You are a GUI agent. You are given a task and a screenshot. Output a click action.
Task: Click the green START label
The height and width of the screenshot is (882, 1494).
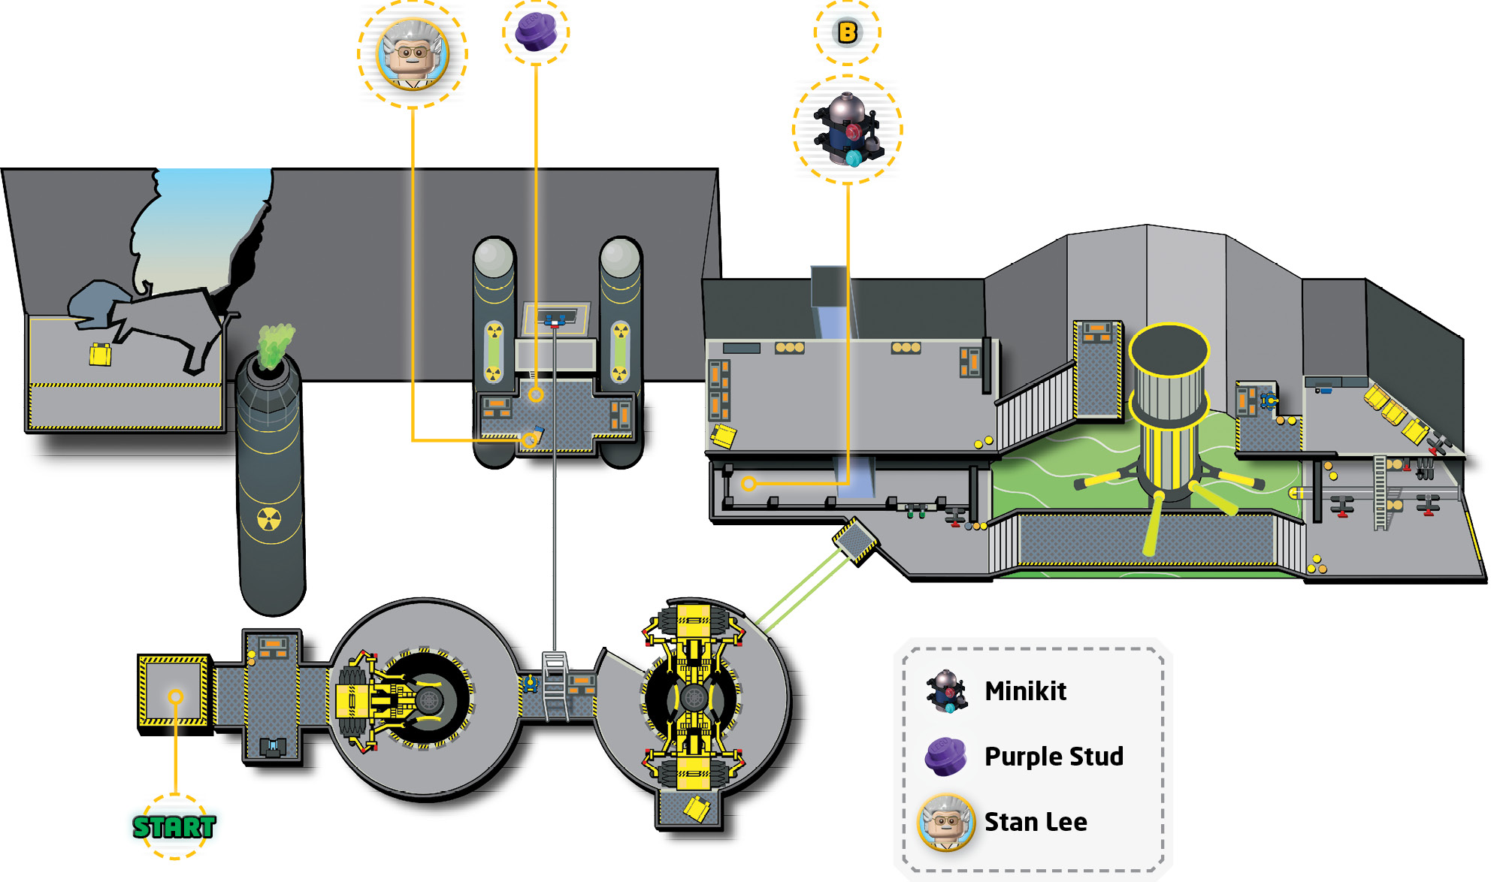pyautogui.click(x=174, y=826)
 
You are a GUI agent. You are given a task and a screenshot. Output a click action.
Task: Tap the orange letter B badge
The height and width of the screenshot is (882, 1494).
pyautogui.click(x=847, y=32)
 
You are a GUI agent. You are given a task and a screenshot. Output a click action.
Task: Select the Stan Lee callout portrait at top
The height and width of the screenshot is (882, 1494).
pyautogui.click(x=412, y=54)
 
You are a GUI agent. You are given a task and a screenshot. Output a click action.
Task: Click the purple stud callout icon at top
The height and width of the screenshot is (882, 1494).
pyautogui.click(x=536, y=32)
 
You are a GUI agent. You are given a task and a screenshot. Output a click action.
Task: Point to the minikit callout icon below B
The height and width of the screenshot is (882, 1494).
pyautogui.click(x=847, y=129)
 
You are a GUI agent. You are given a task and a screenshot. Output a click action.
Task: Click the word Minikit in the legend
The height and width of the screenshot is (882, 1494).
pyautogui.click(x=1025, y=690)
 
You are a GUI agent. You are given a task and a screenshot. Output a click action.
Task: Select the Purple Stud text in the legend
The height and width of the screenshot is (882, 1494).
pyautogui.click(x=1054, y=756)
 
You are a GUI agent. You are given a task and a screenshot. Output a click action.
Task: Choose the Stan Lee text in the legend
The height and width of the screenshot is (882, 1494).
pyautogui.click(x=1036, y=822)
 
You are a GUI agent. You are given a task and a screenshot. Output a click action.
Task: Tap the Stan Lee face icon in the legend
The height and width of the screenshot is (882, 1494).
pyautogui.click(x=946, y=822)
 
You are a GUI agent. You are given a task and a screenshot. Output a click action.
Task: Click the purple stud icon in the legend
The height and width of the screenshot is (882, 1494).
pyautogui.click(x=945, y=756)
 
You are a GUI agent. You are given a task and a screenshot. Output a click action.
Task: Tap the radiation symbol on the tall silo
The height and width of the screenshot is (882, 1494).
pyautogui.click(x=269, y=518)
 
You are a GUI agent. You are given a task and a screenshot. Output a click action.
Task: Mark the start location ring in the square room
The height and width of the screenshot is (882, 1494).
pyautogui.click(x=175, y=696)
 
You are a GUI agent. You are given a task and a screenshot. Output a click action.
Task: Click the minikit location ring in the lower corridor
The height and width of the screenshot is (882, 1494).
pyautogui.click(x=749, y=483)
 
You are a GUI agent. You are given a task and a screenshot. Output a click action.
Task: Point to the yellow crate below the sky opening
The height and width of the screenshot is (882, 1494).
pyautogui.click(x=100, y=354)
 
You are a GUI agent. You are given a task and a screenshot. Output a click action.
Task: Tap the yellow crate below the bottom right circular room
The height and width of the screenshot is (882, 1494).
pyautogui.click(x=697, y=808)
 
